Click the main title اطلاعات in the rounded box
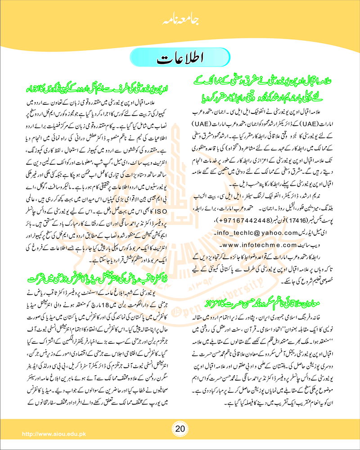180,59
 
